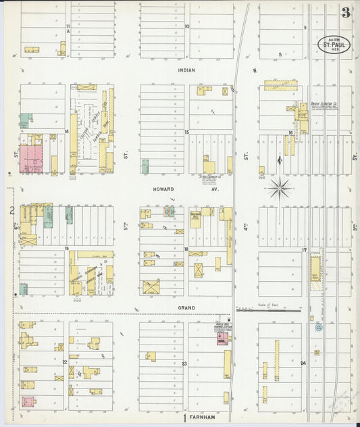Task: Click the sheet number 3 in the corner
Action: (x=345, y=12)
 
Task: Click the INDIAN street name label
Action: (x=186, y=70)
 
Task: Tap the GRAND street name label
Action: (x=186, y=307)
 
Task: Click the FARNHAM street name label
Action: (x=203, y=417)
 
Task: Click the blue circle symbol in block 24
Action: (x=319, y=328)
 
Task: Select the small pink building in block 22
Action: (x=28, y=401)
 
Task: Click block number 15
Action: (x=186, y=132)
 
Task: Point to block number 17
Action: (x=305, y=250)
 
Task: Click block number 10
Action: (x=186, y=27)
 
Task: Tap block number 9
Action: (x=305, y=27)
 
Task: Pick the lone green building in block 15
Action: (x=145, y=166)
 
